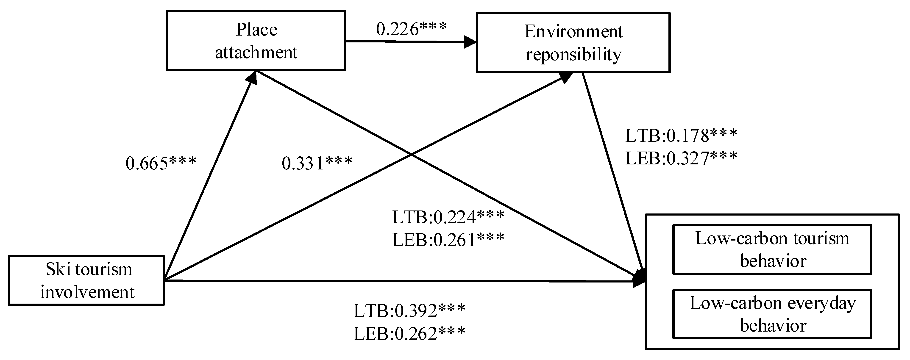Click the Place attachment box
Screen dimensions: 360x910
256,41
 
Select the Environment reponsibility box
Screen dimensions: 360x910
573,43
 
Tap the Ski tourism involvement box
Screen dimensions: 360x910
86,280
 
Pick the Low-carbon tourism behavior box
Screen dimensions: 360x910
772,249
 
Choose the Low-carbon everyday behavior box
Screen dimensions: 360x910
772,314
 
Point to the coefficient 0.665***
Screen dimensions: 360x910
161,163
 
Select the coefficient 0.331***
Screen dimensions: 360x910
317,163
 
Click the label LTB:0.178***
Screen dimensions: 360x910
681,136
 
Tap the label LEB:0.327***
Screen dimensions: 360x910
681,158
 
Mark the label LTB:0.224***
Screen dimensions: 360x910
448,217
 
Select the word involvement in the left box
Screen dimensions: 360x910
87,292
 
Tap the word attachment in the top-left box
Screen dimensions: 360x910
256,52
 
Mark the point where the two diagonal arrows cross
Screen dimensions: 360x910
411,154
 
